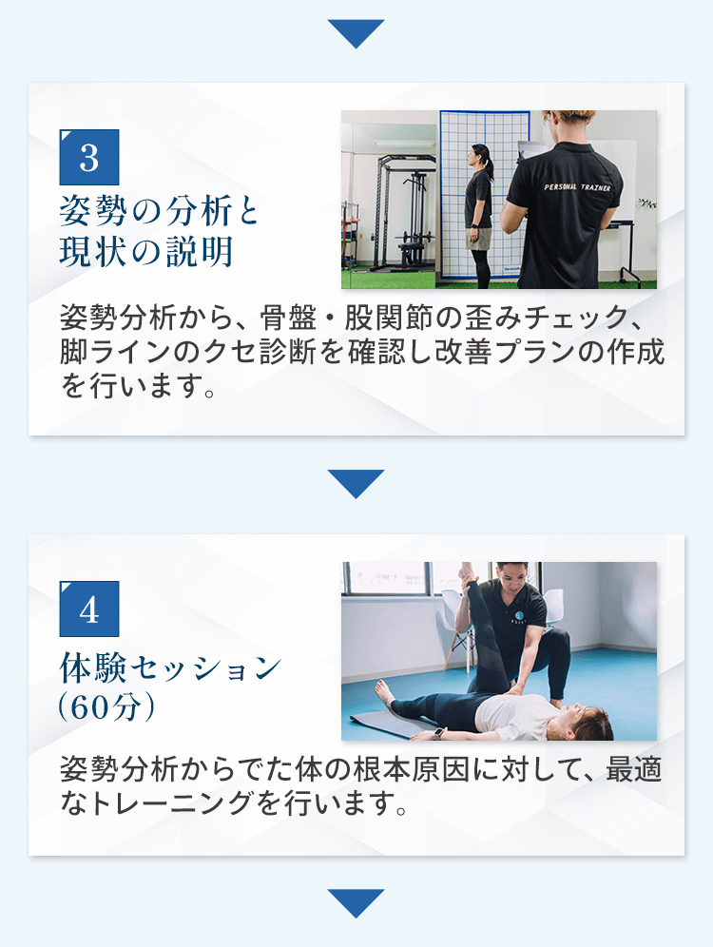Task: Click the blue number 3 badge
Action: coord(89,157)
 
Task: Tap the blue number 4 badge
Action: coord(89,609)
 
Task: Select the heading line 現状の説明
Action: coord(146,251)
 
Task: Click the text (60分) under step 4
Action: coord(106,706)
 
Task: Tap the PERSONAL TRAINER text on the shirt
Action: coord(577,187)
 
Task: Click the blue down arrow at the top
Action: coord(356,34)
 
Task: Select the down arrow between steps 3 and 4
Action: coord(356,484)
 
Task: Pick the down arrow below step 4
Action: coord(356,903)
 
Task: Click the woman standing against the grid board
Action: coord(479,214)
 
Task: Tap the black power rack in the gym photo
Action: coord(401,211)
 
